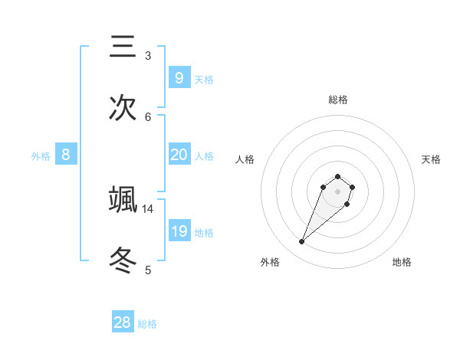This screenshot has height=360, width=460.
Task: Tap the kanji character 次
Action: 123,108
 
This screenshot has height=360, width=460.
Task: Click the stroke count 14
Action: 148,208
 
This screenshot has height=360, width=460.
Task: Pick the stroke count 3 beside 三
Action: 148,55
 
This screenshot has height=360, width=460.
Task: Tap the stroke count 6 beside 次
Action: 148,116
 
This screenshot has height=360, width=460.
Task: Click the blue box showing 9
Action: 179,77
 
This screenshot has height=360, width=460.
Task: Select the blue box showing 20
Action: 179,155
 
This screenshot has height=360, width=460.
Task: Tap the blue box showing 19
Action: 179,231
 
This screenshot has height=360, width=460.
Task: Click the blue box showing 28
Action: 123,322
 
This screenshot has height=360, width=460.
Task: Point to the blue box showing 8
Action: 66,155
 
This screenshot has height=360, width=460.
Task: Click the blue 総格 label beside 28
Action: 147,324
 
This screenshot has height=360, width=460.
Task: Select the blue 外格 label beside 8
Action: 41,156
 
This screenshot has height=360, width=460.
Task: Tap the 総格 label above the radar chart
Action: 338,100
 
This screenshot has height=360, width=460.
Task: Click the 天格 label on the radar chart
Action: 431,159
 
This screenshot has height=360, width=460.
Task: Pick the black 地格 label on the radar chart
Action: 402,262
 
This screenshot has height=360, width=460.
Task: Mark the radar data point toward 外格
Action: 302,242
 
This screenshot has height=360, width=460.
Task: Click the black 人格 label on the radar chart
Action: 245,159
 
